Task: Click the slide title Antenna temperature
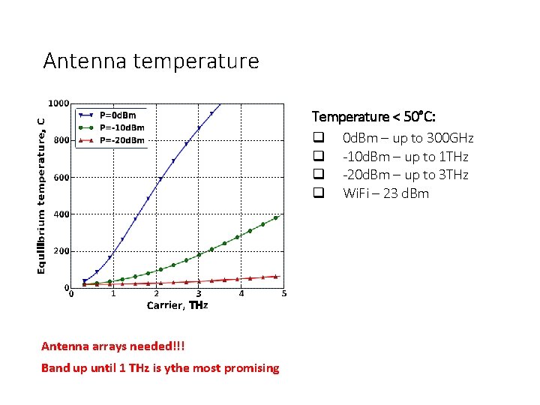[151, 61]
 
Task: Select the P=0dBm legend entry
[118, 115]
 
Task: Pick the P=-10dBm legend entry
[121, 127]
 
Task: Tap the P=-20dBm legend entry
[121, 139]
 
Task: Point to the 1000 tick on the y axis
[58, 103]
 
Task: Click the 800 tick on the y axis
[61, 140]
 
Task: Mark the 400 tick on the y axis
[61, 214]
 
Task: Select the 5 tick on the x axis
[283, 294]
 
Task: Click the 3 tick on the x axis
[199, 294]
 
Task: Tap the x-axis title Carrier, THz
[177, 305]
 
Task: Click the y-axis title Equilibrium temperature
[42, 187]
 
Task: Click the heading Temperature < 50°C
[374, 117]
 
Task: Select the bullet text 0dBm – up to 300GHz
[408, 138]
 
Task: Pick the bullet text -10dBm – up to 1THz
[405, 157]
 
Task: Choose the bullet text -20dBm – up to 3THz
[405, 175]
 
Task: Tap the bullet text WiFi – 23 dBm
[385, 193]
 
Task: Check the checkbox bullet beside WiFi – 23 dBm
[319, 193]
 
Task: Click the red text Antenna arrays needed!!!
[112, 346]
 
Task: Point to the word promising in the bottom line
[253, 368]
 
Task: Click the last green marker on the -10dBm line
[276, 218]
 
